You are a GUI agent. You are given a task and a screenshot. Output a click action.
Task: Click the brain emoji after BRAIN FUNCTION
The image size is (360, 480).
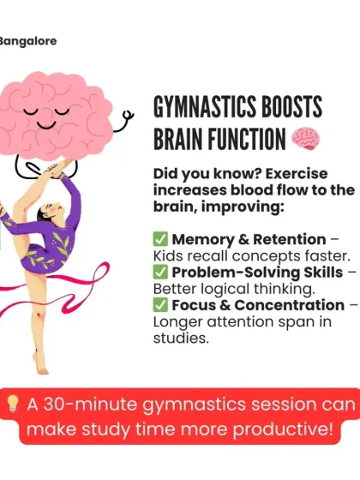coord(305,137)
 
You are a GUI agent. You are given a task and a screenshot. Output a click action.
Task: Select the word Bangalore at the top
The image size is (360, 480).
coord(28,40)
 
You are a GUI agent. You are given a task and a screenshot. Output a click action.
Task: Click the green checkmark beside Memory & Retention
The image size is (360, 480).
coord(160,239)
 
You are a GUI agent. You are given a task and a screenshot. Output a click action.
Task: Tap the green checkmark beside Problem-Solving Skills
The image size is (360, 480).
coord(160,272)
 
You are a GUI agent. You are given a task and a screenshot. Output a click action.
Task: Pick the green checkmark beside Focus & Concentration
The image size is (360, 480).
coord(160,305)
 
